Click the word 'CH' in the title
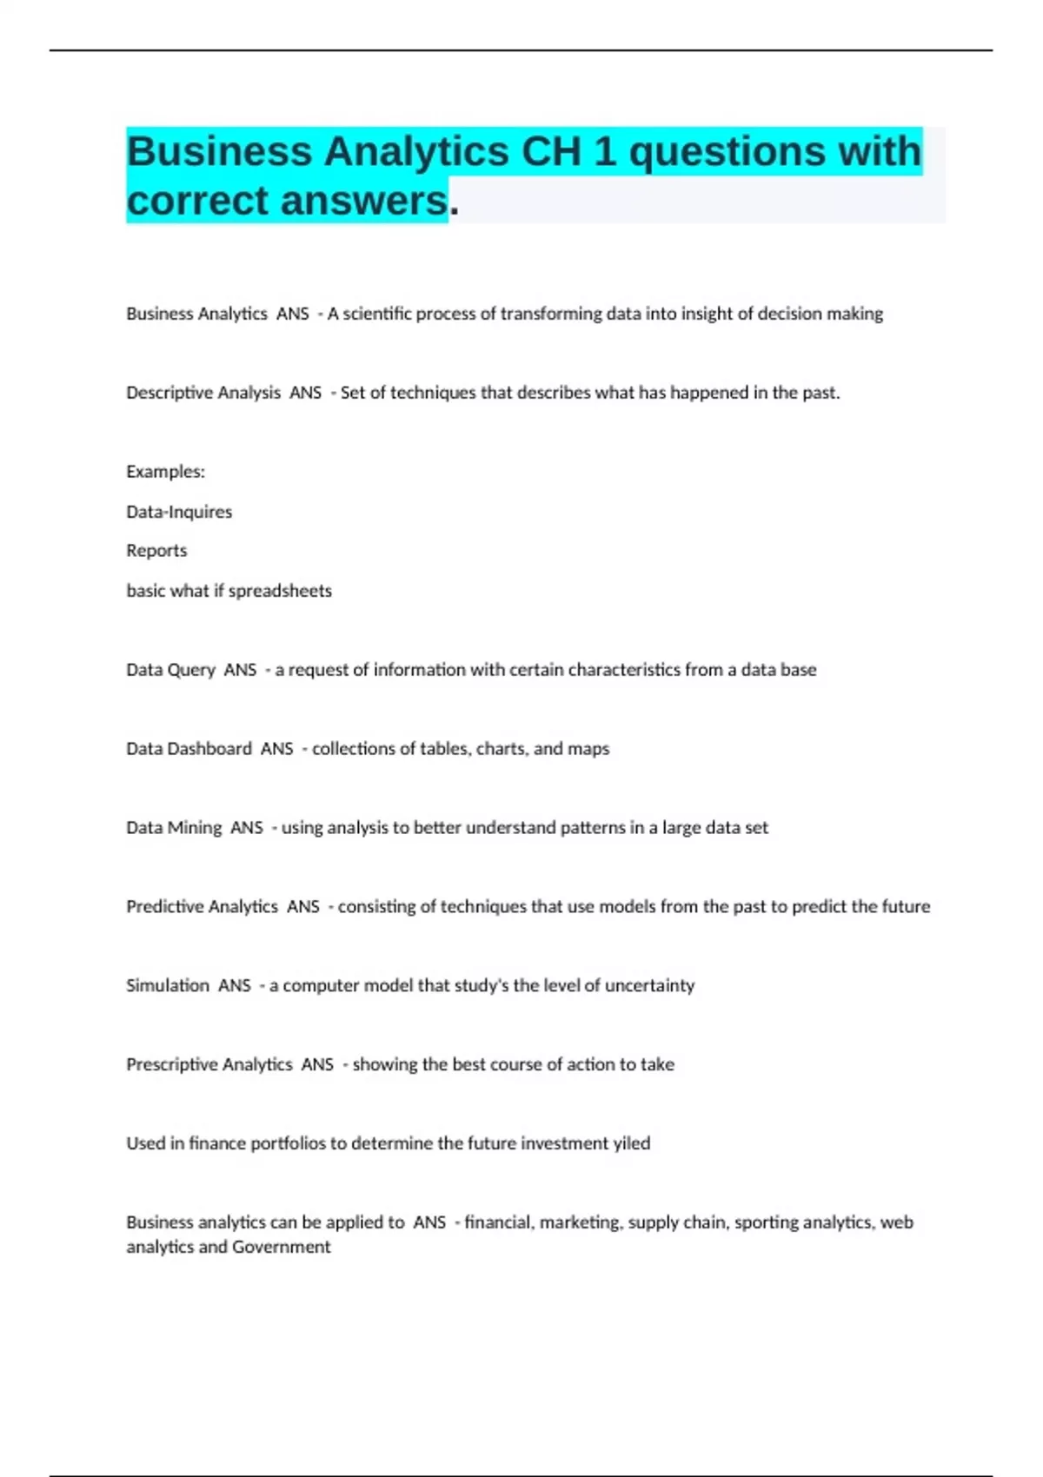pyautogui.click(x=551, y=152)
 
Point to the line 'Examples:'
pyautogui.click(x=165, y=472)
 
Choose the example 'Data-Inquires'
pyautogui.click(x=179, y=512)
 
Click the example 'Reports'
pyautogui.click(x=156, y=551)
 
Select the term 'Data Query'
pyautogui.click(x=170, y=670)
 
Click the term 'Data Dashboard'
pyautogui.click(x=189, y=749)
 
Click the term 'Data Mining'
pyautogui.click(x=174, y=828)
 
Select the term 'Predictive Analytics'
pyautogui.click(x=202, y=907)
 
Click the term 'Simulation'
pyautogui.click(x=168, y=986)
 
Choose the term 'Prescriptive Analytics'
pyautogui.click(x=209, y=1065)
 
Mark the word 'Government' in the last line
pyautogui.click(x=282, y=1248)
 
